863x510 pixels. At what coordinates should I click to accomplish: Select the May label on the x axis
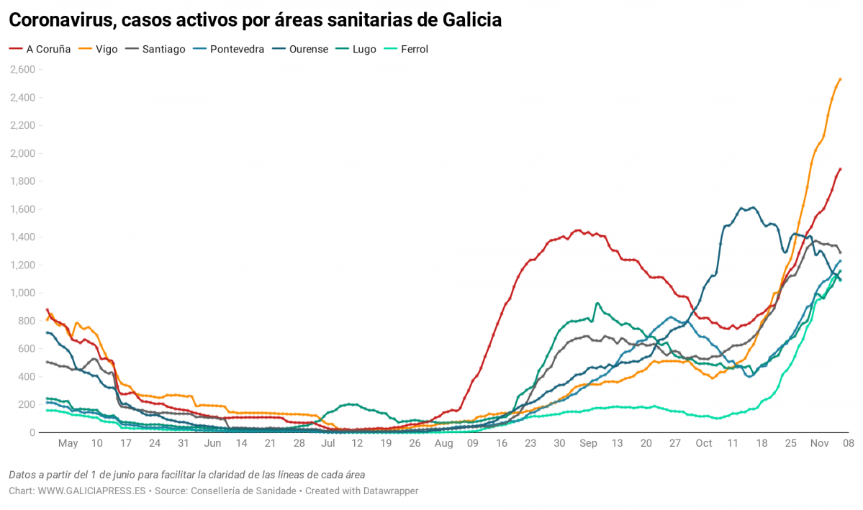(68, 444)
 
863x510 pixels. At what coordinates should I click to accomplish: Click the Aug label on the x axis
(443, 444)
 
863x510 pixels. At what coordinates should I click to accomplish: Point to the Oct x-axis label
(704, 444)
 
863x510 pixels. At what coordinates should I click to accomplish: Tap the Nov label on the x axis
(820, 444)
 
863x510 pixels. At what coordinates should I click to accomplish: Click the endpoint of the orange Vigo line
(840, 79)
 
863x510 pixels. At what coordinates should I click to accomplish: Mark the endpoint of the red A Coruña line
(840, 169)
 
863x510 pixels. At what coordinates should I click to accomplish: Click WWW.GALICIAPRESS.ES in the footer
(91, 491)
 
